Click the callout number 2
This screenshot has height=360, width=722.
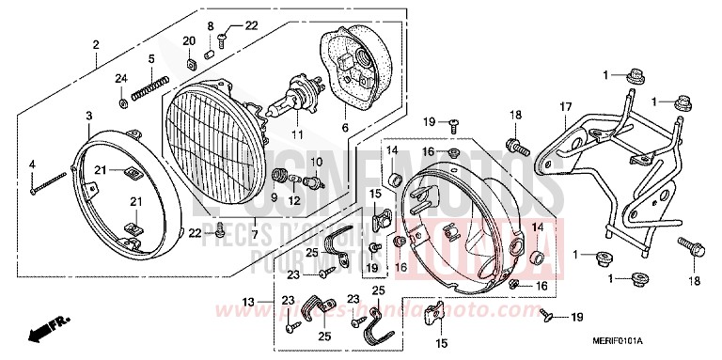pyautogui.click(x=96, y=45)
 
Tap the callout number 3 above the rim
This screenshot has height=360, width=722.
pyautogui.click(x=88, y=116)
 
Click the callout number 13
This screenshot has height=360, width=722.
pyautogui.click(x=249, y=302)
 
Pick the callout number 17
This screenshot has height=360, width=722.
pyautogui.click(x=566, y=107)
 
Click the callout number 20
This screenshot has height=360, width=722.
pyautogui.click(x=189, y=40)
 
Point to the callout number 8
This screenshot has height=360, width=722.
pyautogui.click(x=211, y=24)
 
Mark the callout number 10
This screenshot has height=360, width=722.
pyautogui.click(x=316, y=163)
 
